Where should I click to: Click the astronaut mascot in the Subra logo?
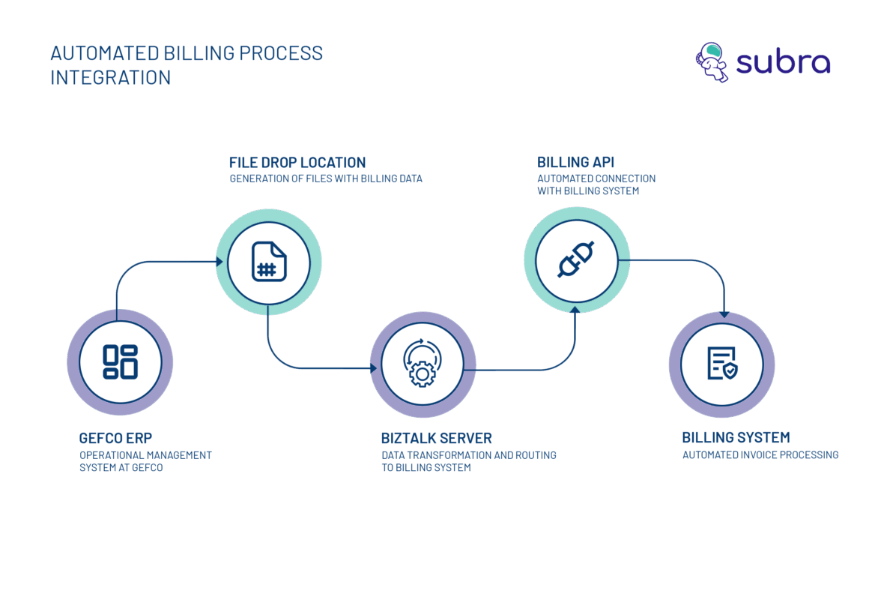pyautogui.click(x=711, y=62)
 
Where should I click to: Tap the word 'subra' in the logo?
pyautogui.click(x=783, y=63)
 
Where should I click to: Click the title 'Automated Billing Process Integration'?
pyautogui.click(x=187, y=65)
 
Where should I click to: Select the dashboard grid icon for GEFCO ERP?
pyautogui.click(x=120, y=361)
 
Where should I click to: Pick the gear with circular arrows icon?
pyautogui.click(x=423, y=363)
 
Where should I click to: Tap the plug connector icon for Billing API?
pyautogui.click(x=576, y=259)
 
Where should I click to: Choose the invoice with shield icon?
pyautogui.click(x=721, y=364)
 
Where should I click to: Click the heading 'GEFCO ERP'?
pyautogui.click(x=115, y=438)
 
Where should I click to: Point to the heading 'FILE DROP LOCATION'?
pyautogui.click(x=297, y=163)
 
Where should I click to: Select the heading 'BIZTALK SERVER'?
pyautogui.click(x=437, y=438)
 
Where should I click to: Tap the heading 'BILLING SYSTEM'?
pyautogui.click(x=736, y=438)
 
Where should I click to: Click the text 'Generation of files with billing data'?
pyautogui.click(x=326, y=179)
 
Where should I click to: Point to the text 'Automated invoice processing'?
pyautogui.click(x=760, y=455)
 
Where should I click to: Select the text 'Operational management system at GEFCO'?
pyautogui.click(x=145, y=461)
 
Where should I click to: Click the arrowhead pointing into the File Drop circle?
pyautogui.click(x=220, y=262)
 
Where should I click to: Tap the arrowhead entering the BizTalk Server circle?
pyautogui.click(x=375, y=368)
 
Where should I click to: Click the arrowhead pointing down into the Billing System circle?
pyautogui.click(x=723, y=315)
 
